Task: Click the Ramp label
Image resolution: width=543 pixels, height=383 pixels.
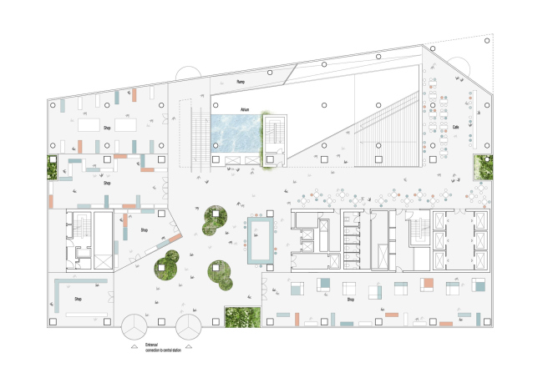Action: pyautogui.click(x=241, y=82)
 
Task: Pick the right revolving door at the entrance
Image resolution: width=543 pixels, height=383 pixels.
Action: pyautogui.click(x=189, y=325)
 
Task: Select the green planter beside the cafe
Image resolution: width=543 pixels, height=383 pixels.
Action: pyautogui.click(x=483, y=167)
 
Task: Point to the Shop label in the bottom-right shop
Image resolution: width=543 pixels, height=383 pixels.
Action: pyautogui.click(x=351, y=299)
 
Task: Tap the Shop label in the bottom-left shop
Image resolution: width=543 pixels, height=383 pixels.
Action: pyautogui.click(x=79, y=299)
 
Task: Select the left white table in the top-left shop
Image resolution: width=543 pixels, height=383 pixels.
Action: pyautogui.click(x=89, y=124)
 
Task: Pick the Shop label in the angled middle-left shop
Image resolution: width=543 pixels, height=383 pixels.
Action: pyautogui.click(x=144, y=230)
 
